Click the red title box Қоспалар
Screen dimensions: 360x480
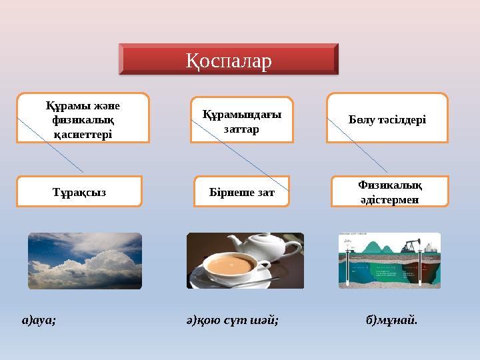tap(229, 59)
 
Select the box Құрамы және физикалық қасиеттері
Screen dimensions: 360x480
tap(83, 118)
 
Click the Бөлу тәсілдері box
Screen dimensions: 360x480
tap(387, 119)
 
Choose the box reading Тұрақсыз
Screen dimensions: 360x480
tap(79, 192)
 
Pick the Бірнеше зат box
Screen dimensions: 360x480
tap(241, 192)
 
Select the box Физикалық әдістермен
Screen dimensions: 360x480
tap(389, 191)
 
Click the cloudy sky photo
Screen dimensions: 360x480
tap(85, 261)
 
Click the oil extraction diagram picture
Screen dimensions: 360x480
tap(389, 261)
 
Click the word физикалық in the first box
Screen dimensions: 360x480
tap(83, 119)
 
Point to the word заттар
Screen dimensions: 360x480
tap(241, 129)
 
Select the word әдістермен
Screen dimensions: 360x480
tap(389, 199)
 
